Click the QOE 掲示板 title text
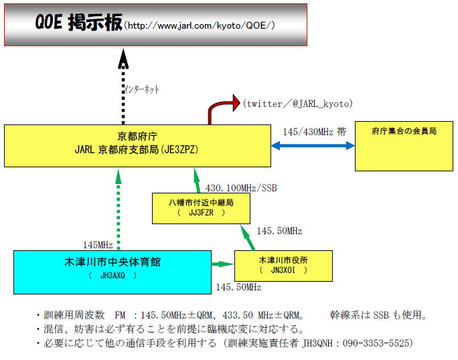78,22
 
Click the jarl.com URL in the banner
200,25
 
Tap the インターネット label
142,89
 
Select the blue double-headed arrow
313,146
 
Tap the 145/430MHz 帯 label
314,132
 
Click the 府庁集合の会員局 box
404,146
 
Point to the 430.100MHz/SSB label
241,188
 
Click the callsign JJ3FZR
201,213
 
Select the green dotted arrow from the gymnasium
119,209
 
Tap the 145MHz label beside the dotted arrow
98,245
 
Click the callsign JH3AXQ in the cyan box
112,275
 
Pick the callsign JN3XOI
283,270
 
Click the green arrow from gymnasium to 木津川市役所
222,264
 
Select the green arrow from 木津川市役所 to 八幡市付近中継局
248,238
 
